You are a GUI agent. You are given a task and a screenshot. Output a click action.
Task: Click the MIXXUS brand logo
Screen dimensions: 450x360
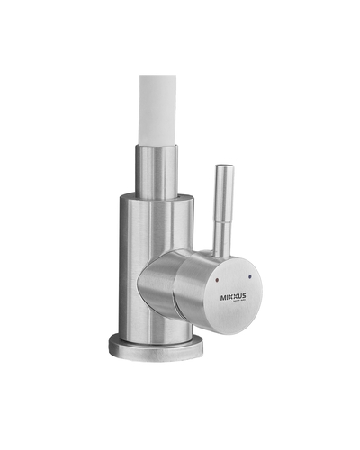tap(233, 298)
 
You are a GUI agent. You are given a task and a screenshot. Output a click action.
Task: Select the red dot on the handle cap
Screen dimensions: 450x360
tap(217, 279)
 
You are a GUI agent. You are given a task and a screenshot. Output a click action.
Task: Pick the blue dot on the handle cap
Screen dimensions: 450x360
tap(249, 276)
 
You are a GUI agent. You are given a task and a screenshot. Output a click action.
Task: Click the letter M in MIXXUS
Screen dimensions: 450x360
tap(223, 298)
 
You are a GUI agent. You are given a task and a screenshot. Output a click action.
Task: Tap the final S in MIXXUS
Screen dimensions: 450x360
tap(245, 296)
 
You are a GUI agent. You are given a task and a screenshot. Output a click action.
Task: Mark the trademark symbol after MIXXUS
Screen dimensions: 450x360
tap(248, 293)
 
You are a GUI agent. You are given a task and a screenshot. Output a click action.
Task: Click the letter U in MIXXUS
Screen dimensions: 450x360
tap(240, 297)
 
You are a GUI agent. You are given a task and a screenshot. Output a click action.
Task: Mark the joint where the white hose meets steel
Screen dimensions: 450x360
tap(160, 141)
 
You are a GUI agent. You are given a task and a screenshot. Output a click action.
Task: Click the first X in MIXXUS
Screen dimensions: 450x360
tap(230, 298)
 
